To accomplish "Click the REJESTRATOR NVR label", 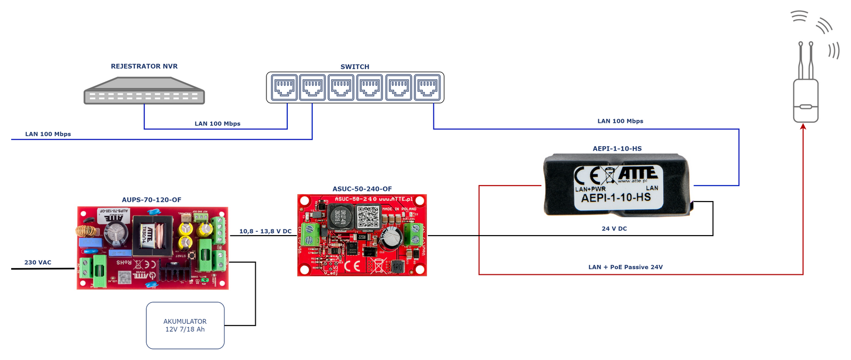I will point(144,66).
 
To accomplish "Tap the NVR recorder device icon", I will point(144,91).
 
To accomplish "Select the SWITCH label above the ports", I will point(355,67).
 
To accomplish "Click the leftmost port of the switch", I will point(285,88).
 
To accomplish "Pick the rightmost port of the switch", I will point(427,88).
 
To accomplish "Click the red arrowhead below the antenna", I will point(803,127).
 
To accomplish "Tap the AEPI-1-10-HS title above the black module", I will point(617,149).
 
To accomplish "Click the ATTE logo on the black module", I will point(638,173).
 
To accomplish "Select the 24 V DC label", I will point(614,229).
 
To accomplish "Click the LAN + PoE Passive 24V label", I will point(625,267).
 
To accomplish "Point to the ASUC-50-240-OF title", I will point(362,189).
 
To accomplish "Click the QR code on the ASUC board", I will point(368,217).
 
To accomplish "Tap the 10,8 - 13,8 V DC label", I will point(265,231).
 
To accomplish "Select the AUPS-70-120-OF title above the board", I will point(152,200).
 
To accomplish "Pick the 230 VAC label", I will point(38,263).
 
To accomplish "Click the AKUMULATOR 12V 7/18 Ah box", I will point(185,325).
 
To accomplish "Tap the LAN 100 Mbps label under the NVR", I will point(218,124).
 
